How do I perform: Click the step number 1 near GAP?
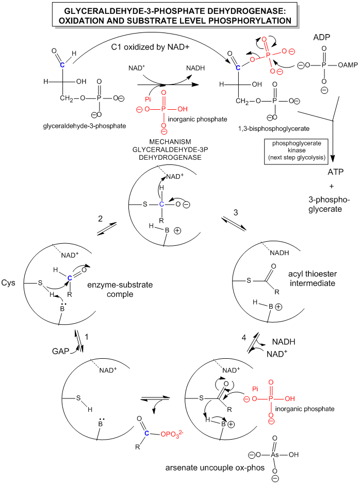click(x=88, y=337)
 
